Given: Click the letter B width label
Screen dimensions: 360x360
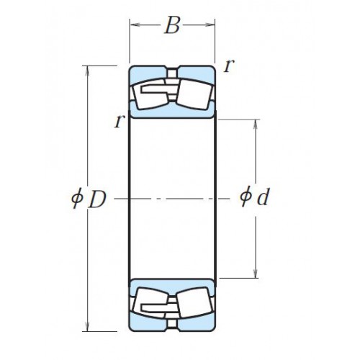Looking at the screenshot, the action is coord(172,25).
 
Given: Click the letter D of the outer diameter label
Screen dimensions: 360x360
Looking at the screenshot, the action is coord(97,199).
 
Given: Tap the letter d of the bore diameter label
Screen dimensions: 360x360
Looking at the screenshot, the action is coord(264,197).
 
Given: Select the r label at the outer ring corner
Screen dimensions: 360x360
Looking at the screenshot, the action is coord(228,66).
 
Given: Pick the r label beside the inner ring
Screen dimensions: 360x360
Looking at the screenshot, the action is coord(120,121).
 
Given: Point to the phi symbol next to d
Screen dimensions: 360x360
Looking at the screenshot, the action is coord(246,196).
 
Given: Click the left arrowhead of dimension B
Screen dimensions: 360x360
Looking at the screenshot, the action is coord(135,24).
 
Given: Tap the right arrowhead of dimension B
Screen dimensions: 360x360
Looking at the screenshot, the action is coord(210,24).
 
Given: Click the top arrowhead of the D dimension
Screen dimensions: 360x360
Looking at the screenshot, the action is coord(88,71).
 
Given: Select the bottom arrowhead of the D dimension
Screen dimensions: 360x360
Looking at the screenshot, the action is coord(88,326).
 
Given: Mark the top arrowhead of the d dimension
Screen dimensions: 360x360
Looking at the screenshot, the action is coord(256,125).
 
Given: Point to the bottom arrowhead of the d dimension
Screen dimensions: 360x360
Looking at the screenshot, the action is coord(256,273).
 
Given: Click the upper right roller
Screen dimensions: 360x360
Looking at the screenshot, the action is coord(195,94).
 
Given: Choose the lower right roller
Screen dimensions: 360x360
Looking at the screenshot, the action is coord(195,303).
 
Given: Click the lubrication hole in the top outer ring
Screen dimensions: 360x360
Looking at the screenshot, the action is coord(172,73).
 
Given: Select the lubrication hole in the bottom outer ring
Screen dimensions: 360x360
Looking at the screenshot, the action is coord(172,324).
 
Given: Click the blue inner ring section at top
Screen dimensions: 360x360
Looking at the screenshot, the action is coord(172,112).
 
